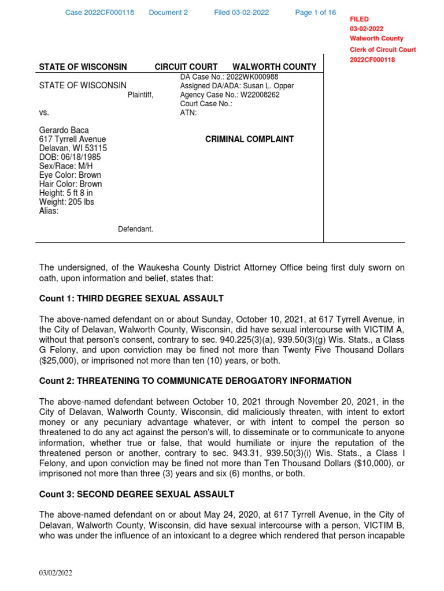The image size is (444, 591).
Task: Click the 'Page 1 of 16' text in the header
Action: pos(315,13)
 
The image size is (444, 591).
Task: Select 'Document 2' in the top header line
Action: pos(168,13)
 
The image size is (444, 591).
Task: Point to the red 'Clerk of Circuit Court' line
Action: pos(383,50)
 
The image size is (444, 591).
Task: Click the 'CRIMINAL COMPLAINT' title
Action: pos(249,139)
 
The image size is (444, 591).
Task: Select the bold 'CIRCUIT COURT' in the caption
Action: pos(186,67)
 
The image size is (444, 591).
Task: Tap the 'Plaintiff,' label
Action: pos(140,95)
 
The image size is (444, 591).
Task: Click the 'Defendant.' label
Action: pos(136,230)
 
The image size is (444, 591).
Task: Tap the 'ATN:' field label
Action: pos(188,113)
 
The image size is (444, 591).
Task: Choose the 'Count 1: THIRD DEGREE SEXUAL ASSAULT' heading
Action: pos(131,298)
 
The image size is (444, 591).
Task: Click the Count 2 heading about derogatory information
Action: pos(195,381)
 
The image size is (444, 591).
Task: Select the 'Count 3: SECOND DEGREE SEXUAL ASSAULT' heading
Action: pos(136,494)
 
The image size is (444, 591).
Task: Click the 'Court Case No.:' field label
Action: pos(206,104)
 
